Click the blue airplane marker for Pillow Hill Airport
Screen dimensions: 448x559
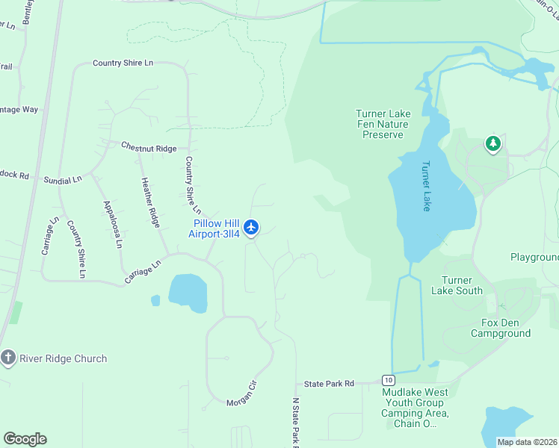pos(252,226)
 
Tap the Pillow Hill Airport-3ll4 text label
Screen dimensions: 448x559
pos(217,228)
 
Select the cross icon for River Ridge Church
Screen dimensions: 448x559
pos(8,358)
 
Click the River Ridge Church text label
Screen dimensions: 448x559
pos(64,358)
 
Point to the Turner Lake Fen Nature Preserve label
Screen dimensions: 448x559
pos(383,124)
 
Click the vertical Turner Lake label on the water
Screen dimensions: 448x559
pos(426,186)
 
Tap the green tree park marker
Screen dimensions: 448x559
pos(492,143)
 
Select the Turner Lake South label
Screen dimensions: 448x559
pos(457,285)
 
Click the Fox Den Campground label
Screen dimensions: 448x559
pos(501,328)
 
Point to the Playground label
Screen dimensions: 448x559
pos(534,257)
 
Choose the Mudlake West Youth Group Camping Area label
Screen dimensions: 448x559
pos(415,408)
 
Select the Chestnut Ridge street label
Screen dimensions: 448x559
pos(149,148)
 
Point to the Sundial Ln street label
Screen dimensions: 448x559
pos(62,180)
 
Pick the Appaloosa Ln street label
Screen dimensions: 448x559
pos(113,224)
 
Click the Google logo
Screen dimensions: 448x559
pos(25,439)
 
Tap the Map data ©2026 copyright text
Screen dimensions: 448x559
pos(527,442)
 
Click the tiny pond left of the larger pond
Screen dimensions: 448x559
pos(155,300)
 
